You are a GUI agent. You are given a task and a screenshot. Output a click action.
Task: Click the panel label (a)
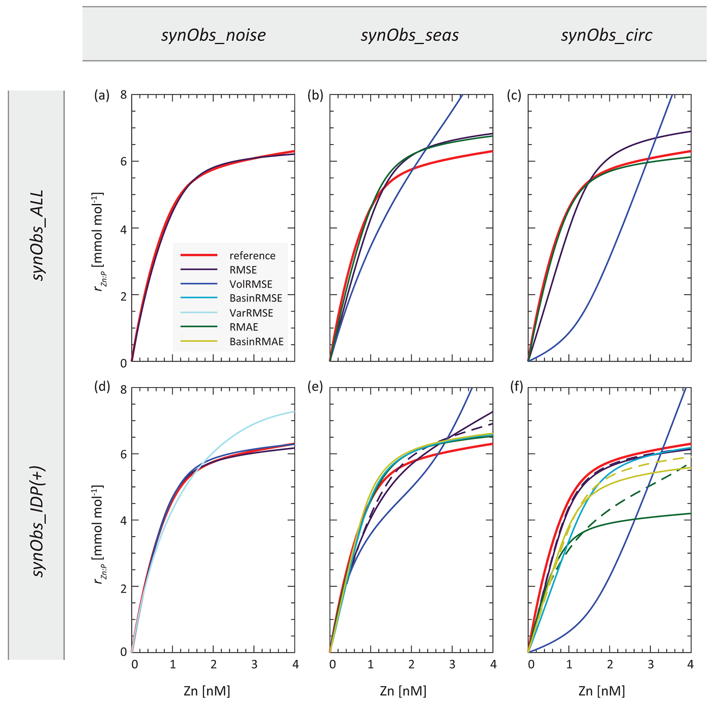[x=102, y=96]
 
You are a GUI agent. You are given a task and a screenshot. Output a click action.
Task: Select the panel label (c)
[x=514, y=96]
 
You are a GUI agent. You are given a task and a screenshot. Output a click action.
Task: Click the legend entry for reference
[x=252, y=255]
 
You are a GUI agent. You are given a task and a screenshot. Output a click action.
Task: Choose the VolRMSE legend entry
[x=250, y=284]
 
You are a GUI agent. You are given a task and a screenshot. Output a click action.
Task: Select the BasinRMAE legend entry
[x=256, y=341]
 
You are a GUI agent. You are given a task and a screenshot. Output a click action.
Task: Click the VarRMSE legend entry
[x=251, y=313]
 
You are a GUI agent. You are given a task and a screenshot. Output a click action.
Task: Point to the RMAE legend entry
[x=244, y=327]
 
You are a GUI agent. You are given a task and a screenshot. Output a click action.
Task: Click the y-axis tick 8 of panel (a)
[x=123, y=96]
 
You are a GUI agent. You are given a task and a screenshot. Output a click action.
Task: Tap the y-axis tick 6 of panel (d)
[x=123, y=454]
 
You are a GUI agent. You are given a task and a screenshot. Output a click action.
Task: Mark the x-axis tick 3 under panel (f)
[x=651, y=665]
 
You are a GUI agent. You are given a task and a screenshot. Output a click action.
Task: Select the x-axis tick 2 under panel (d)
[x=213, y=665]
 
